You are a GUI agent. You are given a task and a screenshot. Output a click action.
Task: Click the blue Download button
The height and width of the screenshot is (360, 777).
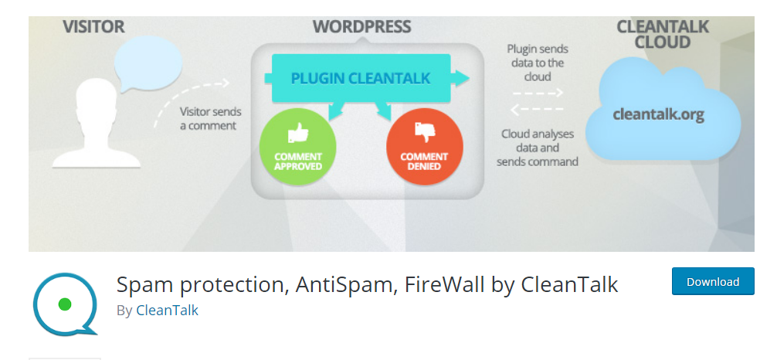point(712,282)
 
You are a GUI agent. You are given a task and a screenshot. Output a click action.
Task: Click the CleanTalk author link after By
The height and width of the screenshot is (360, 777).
point(167,310)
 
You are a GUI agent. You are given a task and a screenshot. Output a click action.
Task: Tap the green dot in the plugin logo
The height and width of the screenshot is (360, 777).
point(65,304)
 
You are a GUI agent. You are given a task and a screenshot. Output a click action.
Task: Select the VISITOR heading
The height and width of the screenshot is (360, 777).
point(93,27)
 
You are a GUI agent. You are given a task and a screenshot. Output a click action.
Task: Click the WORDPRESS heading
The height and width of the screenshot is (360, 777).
point(361,27)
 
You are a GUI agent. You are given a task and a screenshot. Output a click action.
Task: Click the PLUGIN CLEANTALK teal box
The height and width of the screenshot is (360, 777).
point(360,78)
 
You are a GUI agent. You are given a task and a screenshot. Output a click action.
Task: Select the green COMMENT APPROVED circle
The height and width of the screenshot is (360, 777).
point(297,146)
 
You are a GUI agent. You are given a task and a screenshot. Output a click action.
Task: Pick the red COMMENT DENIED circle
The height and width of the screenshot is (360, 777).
point(424,146)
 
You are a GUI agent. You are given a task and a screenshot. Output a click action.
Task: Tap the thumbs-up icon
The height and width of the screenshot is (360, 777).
point(297,134)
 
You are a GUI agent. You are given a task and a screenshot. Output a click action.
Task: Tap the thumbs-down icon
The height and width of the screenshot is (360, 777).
point(424,132)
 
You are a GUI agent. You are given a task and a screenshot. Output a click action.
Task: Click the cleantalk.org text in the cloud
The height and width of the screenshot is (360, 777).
point(658,114)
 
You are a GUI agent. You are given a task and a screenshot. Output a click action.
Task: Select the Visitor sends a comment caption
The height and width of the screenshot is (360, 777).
point(208,118)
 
